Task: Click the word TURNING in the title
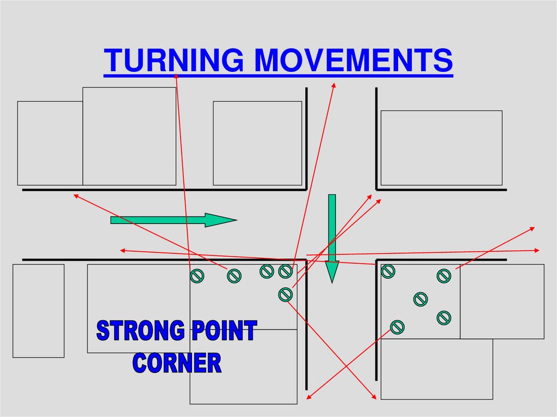[x=174, y=60]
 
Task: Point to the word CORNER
[x=177, y=363]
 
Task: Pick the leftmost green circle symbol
[x=196, y=276]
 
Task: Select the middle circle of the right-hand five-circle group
[x=420, y=299]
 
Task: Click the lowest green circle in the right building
[x=397, y=327]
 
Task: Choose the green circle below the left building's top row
[x=285, y=294]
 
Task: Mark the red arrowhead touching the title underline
[x=176, y=76]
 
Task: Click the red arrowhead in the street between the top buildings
[x=333, y=85]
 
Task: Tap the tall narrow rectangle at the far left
[x=38, y=310]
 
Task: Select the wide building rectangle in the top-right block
[x=441, y=148]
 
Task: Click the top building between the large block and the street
[x=257, y=143]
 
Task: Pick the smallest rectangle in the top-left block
[x=50, y=143]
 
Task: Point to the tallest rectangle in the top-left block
[x=129, y=136]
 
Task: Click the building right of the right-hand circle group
[x=502, y=301]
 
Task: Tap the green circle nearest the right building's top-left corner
[x=388, y=271]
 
